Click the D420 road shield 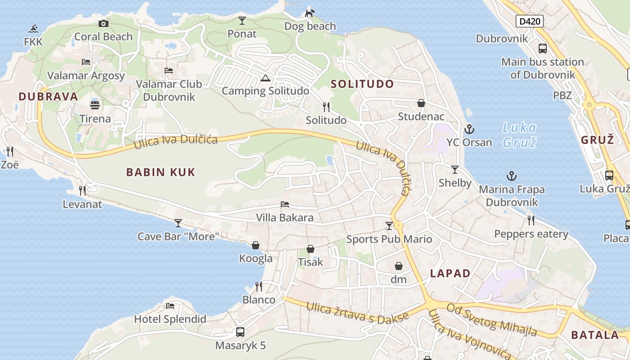pos(530,21)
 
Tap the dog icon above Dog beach pos(310,13)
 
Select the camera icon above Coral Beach pos(103,23)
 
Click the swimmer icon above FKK pos(33,29)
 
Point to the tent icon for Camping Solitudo pos(265,78)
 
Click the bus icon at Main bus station pos(543,49)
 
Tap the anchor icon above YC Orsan pos(469,129)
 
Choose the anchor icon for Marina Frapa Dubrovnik pos(512,176)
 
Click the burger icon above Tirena pos(95,105)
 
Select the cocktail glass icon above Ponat pos(242,21)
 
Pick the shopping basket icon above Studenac pos(421,103)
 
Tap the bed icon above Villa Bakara pos(285,204)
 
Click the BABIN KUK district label pos(161,172)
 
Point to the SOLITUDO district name pos(362,84)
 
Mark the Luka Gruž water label pos(519,135)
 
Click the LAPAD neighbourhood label pos(450,273)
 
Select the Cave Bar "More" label pos(178,236)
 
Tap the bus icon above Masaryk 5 pos(240,332)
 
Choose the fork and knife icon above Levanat pos(82,191)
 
